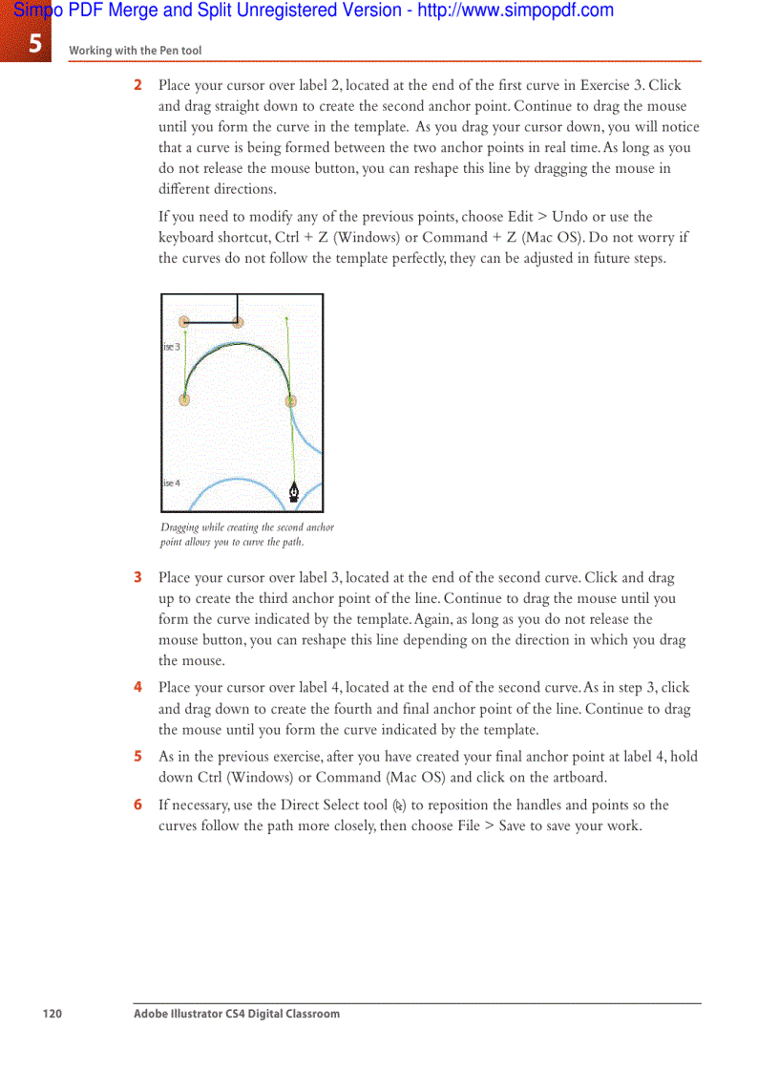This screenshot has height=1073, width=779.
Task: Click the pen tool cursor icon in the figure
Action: [x=294, y=492]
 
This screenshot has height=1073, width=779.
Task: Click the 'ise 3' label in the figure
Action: [x=171, y=347]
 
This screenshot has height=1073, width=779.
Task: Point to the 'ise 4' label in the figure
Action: [x=171, y=483]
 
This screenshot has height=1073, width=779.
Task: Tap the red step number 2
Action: [x=137, y=86]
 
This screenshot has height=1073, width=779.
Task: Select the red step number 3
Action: [x=137, y=577]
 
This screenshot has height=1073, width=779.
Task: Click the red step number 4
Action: [x=137, y=687]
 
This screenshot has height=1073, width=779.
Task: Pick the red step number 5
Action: [x=137, y=756]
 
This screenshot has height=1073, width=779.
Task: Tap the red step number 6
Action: [x=137, y=805]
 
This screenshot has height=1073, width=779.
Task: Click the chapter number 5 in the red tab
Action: [x=35, y=42]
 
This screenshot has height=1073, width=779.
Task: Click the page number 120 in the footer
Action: [x=52, y=1013]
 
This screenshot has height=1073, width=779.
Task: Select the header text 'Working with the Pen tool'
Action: [x=135, y=51]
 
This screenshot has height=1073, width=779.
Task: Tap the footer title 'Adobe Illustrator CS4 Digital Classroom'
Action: [x=236, y=1013]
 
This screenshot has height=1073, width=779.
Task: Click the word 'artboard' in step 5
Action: [x=578, y=777]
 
